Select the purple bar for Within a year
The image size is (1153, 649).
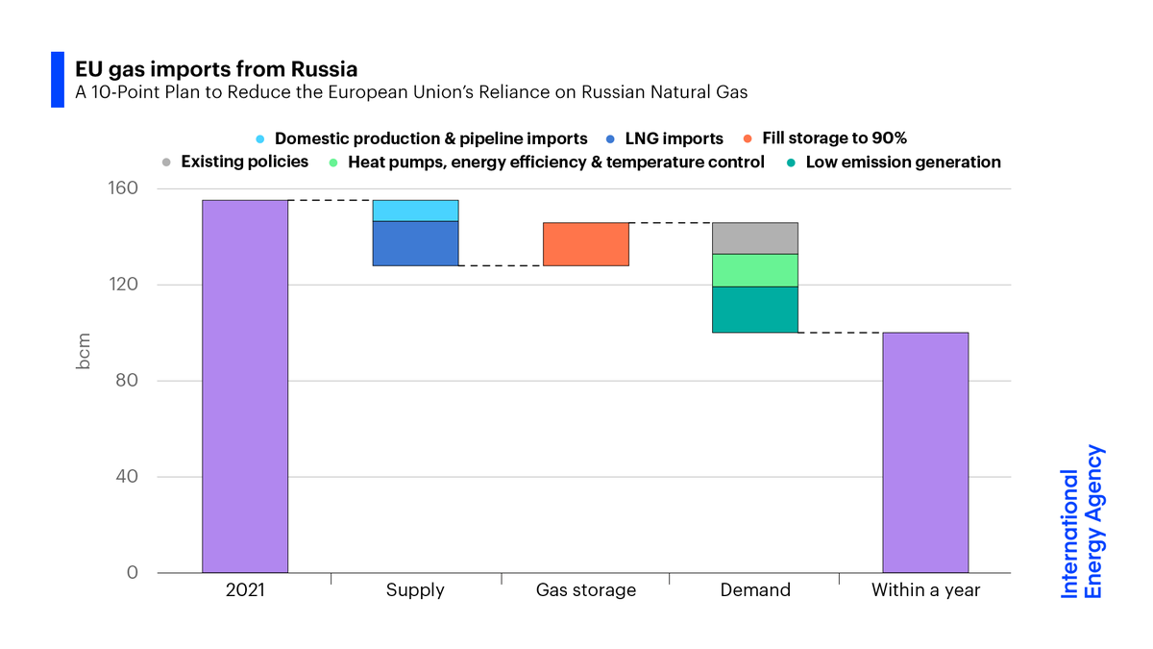(925, 453)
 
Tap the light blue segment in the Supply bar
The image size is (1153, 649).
(415, 211)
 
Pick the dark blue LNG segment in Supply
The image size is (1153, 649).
(415, 243)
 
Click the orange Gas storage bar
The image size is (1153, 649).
(585, 244)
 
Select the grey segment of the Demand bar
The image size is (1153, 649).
(755, 238)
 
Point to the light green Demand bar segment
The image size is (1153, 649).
(755, 270)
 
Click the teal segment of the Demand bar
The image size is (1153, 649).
(755, 310)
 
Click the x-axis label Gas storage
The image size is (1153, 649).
(585, 590)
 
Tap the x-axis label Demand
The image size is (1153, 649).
(755, 590)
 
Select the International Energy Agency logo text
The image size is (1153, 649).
(1082, 522)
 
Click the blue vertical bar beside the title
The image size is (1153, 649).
(57, 80)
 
